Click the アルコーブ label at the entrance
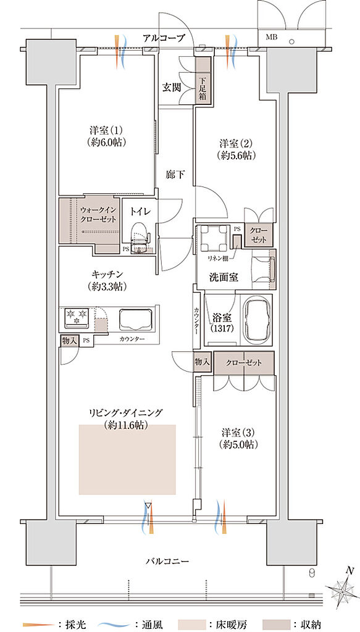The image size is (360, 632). (164, 38)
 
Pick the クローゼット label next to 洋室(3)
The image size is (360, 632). (243, 363)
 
